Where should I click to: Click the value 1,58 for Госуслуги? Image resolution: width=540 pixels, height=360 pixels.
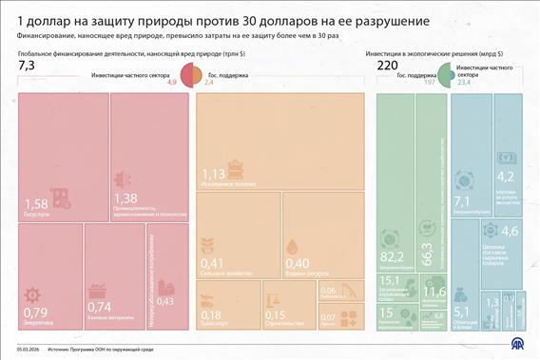pyautogui.click(x=35, y=203)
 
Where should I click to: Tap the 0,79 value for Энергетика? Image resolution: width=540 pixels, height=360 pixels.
pyautogui.click(x=35, y=312)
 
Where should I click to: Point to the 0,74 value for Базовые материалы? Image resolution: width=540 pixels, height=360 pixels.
pyautogui.click(x=100, y=307)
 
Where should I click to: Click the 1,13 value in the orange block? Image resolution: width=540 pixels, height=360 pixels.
pyautogui.click(x=213, y=174)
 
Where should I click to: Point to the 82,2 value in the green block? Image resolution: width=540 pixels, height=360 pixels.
pyautogui.click(x=392, y=256)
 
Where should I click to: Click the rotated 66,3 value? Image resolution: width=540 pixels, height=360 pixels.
pyautogui.click(x=428, y=254)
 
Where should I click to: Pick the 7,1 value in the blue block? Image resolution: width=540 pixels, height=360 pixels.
pyautogui.click(x=463, y=201)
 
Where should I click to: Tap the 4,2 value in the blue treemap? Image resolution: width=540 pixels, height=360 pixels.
pyautogui.click(x=506, y=176)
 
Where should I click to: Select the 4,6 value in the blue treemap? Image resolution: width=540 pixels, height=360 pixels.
pyautogui.click(x=510, y=231)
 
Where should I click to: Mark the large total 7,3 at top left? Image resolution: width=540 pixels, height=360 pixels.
pyautogui.click(x=27, y=66)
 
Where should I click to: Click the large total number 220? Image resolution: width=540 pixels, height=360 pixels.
pyautogui.click(x=388, y=66)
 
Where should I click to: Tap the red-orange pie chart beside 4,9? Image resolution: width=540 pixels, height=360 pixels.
pyautogui.click(x=190, y=76)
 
